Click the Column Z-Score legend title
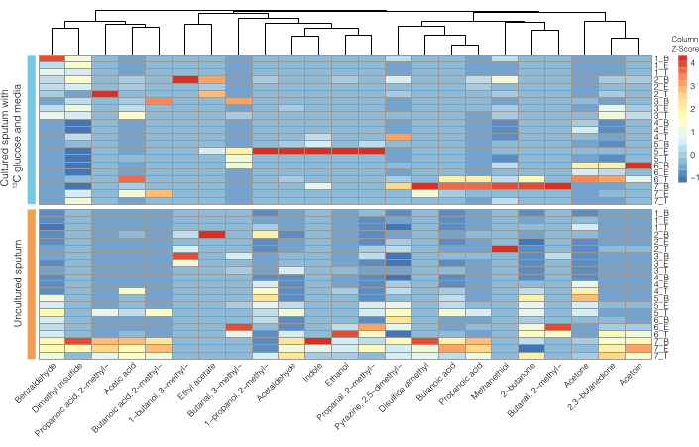684,44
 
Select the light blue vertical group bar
31,128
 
